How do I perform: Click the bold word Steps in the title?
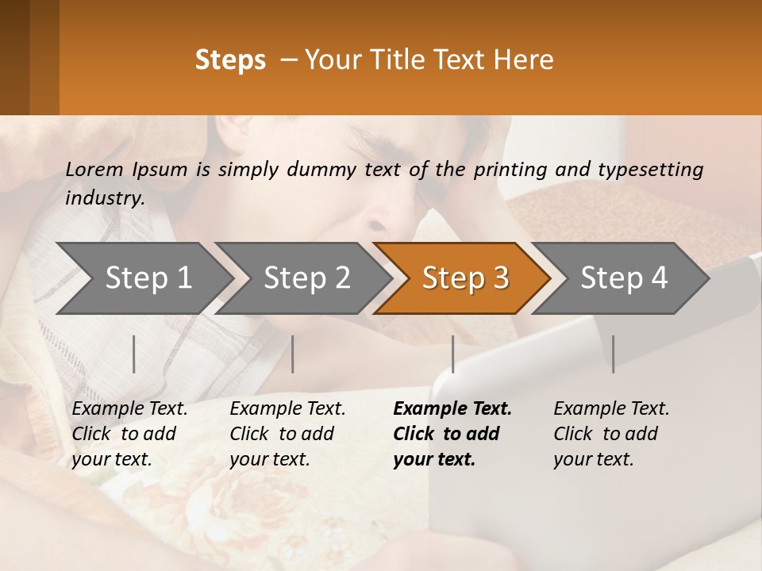(230, 60)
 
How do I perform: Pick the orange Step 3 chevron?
(463, 278)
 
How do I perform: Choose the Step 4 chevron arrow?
(622, 278)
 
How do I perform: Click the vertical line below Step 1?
(134, 354)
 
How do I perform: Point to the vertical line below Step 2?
(293, 354)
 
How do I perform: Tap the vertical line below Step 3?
(453, 354)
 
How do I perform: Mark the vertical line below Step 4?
(613, 354)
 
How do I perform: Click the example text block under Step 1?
(129, 434)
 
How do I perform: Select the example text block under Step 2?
(287, 434)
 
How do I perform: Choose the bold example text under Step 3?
(452, 434)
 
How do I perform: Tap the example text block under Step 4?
(611, 434)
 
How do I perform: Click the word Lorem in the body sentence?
(94, 169)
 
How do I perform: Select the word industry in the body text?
(105, 198)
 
